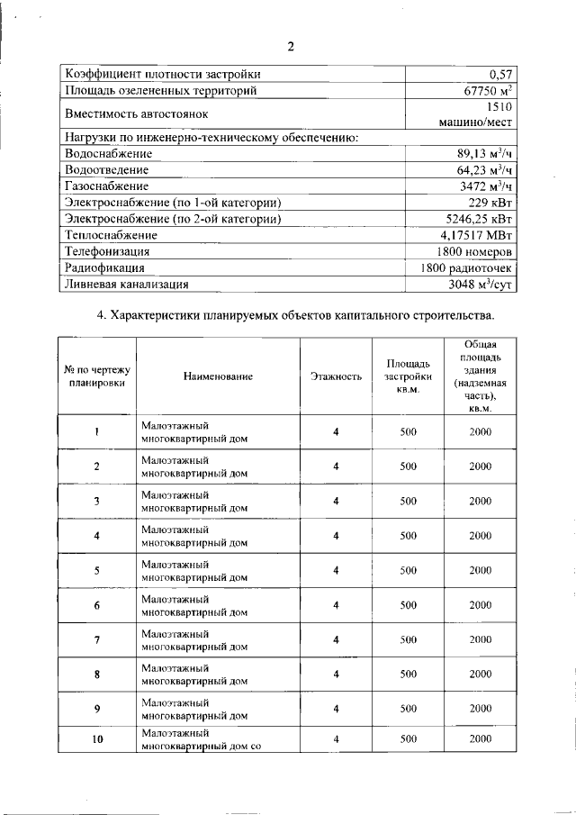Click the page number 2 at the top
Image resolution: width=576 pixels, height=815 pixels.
tap(291, 47)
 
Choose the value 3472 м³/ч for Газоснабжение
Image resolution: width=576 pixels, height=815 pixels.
tap(486, 186)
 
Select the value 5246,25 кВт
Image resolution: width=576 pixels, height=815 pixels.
tap(480, 218)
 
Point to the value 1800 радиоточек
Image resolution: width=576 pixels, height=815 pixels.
tap(466, 267)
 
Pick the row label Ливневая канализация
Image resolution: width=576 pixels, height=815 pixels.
tap(127, 284)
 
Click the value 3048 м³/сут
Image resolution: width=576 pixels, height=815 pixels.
tap(481, 284)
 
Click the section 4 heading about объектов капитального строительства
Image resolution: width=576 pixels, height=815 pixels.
tap(295, 315)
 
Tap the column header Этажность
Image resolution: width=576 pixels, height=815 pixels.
tap(336, 376)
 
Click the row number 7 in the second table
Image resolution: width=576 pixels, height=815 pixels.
tap(96, 639)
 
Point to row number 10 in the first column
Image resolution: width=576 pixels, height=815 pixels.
tap(96, 739)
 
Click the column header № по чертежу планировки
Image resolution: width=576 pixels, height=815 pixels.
tap(97, 376)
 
